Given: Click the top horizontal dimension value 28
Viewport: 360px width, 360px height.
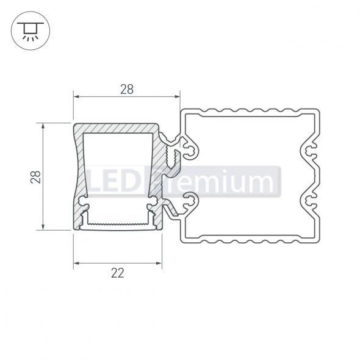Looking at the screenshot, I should [126, 89].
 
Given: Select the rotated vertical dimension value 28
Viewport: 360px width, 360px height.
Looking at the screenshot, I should [36, 177].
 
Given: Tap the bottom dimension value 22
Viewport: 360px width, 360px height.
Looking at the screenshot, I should [118, 273].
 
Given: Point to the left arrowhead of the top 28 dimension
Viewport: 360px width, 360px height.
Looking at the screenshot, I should [76, 96].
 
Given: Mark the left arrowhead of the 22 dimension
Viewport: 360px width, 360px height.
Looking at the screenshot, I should [76, 264].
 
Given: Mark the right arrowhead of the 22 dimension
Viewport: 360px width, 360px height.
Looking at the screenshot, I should [160, 264].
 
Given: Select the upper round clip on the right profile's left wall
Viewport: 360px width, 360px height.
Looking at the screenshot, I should [189, 148].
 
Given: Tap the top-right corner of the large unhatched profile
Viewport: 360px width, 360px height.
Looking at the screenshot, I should [318, 112].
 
